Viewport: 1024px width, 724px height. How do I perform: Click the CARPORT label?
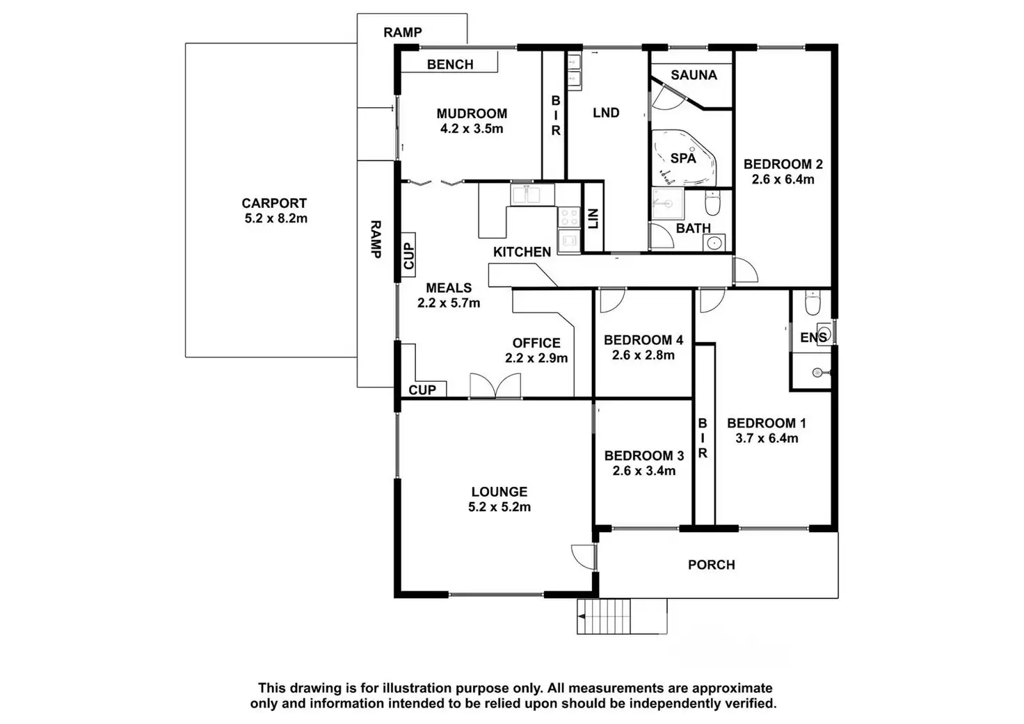[x=274, y=203]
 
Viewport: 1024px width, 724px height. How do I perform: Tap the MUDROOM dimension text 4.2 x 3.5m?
[x=472, y=129]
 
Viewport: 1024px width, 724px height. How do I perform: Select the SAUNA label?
[x=694, y=75]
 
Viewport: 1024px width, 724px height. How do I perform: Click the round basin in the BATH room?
[x=714, y=243]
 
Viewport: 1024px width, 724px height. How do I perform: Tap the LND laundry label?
[x=606, y=113]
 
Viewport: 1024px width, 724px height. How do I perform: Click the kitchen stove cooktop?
[x=569, y=217]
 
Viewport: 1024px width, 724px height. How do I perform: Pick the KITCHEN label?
[x=522, y=252]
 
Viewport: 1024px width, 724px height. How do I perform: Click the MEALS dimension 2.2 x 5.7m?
[x=449, y=303]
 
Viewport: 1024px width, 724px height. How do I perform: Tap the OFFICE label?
[x=536, y=343]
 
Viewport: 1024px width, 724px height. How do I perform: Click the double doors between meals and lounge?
[x=495, y=387]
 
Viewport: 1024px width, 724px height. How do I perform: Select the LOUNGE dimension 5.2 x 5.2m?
[x=499, y=508]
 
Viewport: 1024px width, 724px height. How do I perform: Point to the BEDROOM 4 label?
[x=643, y=340]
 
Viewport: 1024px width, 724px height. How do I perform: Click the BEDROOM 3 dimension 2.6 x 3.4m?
[x=643, y=471]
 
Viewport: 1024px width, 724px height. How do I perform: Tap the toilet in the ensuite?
[x=813, y=303]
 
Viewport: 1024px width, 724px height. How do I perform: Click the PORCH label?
[x=711, y=565]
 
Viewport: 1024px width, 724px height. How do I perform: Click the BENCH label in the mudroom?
[x=450, y=65]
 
